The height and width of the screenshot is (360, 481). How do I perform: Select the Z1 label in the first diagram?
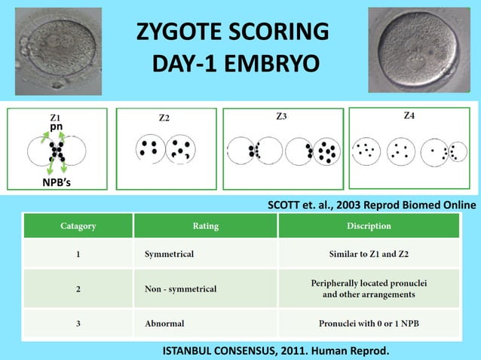coord(57,117)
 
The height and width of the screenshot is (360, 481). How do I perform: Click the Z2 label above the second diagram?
coord(164,118)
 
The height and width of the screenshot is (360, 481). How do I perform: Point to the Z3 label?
coord(281,117)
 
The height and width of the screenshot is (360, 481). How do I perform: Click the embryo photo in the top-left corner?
coord(58,51)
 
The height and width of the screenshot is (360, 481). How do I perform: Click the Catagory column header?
coord(78,225)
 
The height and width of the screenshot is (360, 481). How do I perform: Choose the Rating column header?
coord(206,225)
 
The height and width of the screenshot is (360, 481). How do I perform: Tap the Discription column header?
coord(369,225)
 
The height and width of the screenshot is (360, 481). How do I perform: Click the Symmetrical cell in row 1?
coord(169,254)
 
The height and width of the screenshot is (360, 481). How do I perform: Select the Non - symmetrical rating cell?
coord(180,288)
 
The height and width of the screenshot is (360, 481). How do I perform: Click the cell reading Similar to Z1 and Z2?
coord(369,254)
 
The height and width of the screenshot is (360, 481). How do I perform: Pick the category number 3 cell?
coord(78,323)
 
